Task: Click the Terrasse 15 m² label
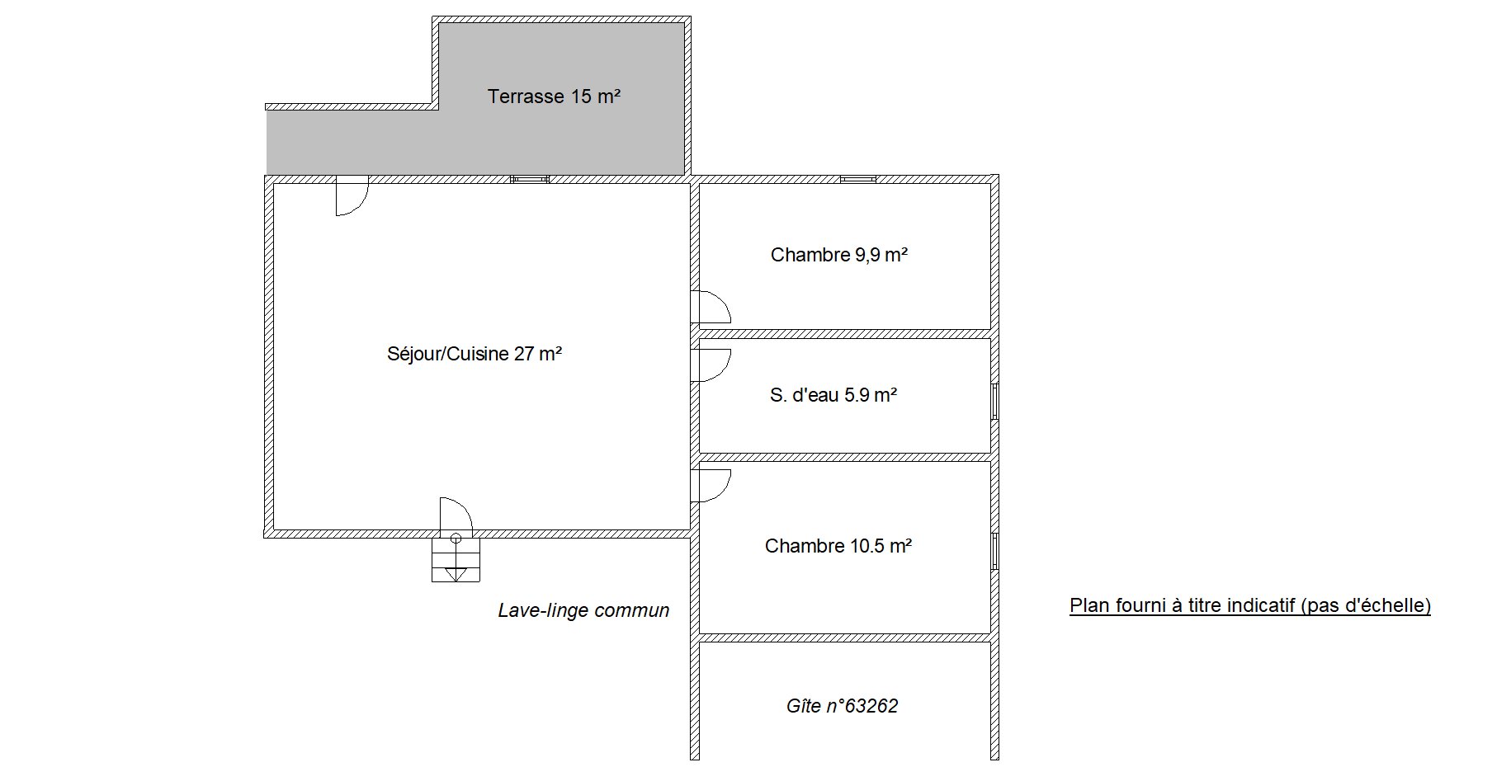coord(554,96)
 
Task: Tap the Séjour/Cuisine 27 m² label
coord(475,354)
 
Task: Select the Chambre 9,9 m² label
coord(839,255)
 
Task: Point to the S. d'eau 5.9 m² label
coord(833,395)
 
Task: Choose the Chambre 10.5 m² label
coord(838,546)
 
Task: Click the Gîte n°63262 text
coord(842,706)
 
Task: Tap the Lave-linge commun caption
coord(583,611)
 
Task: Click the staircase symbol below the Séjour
coord(456,560)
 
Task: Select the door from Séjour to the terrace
coord(352,196)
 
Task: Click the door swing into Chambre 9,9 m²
coord(711,307)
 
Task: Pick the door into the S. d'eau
coord(711,365)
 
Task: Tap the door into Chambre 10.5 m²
coord(711,485)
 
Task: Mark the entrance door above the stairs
coord(456,515)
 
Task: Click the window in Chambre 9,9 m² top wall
coord(858,179)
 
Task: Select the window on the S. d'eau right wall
coord(994,402)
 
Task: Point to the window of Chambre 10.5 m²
coord(994,551)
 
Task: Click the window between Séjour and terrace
coord(530,179)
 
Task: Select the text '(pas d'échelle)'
coord(1365,605)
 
